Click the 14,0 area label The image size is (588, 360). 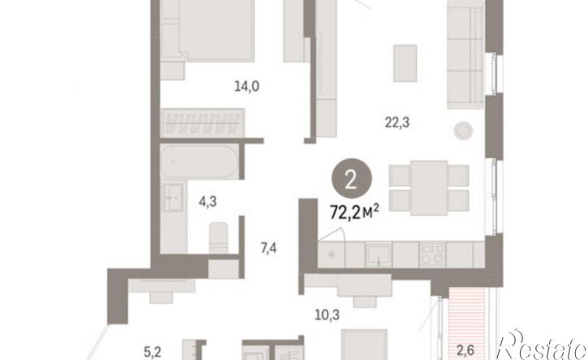(247, 87)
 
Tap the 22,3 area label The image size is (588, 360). (397, 122)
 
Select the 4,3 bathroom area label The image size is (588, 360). (208, 202)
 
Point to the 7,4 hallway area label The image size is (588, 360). (268, 248)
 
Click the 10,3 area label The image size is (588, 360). (327, 315)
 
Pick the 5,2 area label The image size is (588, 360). (152, 352)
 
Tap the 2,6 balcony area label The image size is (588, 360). (465, 350)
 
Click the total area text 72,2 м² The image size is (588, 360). (354, 213)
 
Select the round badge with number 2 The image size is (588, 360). (351, 180)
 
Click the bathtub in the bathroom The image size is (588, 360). (200, 161)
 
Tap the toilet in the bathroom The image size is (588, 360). (218, 238)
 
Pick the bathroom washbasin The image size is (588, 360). (172, 197)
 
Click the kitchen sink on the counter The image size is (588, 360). (379, 254)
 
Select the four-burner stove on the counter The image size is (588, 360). (432, 255)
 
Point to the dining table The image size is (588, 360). (429, 188)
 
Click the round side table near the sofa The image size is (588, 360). (463, 131)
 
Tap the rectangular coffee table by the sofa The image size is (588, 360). (405, 63)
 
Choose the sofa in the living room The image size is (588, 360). (466, 55)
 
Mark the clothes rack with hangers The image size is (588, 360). (203, 122)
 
